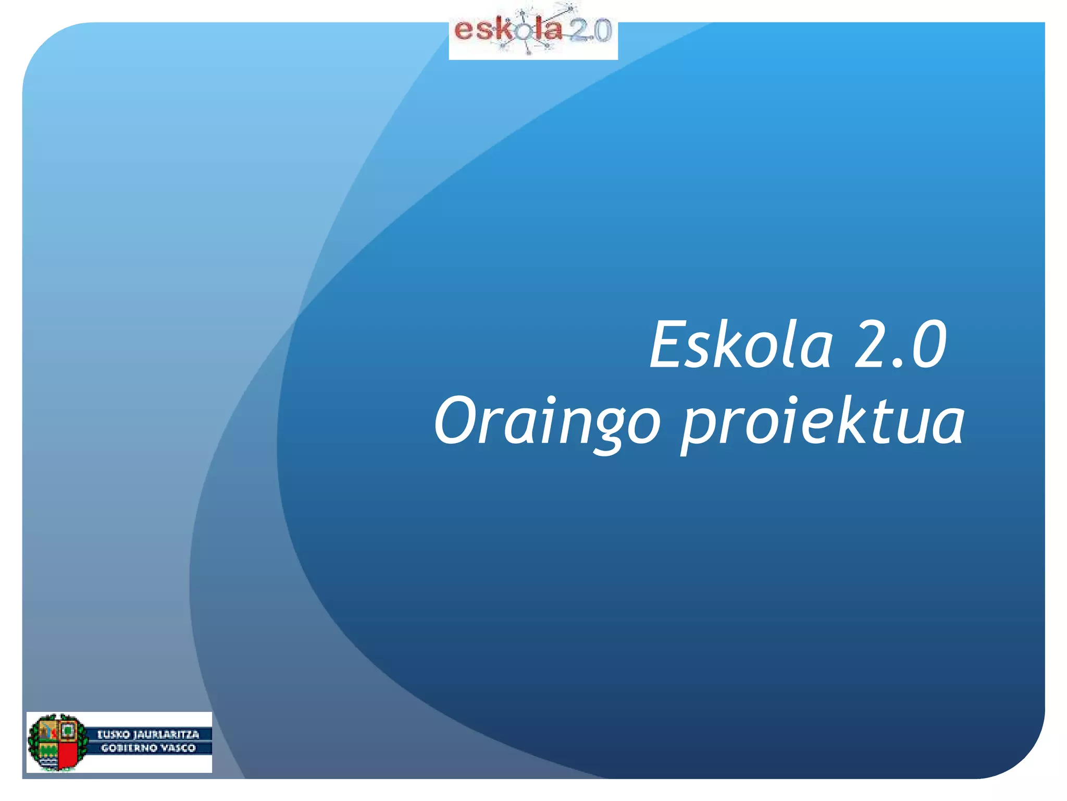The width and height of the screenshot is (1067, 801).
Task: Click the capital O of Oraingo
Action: pos(454,420)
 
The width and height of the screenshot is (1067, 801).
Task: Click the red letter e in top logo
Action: pos(463,31)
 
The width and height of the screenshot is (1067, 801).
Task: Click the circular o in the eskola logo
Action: pos(523,33)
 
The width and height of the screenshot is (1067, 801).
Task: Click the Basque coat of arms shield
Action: pos(57,743)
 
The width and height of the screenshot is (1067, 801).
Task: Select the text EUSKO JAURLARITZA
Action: pos(148,734)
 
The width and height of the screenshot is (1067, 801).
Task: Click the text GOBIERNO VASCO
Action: pos(148,748)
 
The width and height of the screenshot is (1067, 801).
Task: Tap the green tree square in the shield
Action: pos(67,731)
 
